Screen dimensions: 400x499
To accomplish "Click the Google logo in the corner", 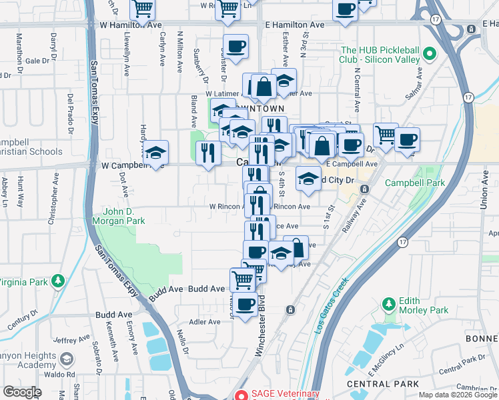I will pos(22,392).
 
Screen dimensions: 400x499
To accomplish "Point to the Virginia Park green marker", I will pos(59,281).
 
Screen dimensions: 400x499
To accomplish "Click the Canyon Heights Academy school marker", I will pos(66,360).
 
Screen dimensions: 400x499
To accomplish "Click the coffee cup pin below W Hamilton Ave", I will pos(235,47).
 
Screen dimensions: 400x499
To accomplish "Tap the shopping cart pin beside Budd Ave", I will pos(241,279).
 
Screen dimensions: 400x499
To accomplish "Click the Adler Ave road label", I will pos(205,322).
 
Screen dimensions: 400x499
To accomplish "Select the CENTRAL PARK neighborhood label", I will pos(384,384).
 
